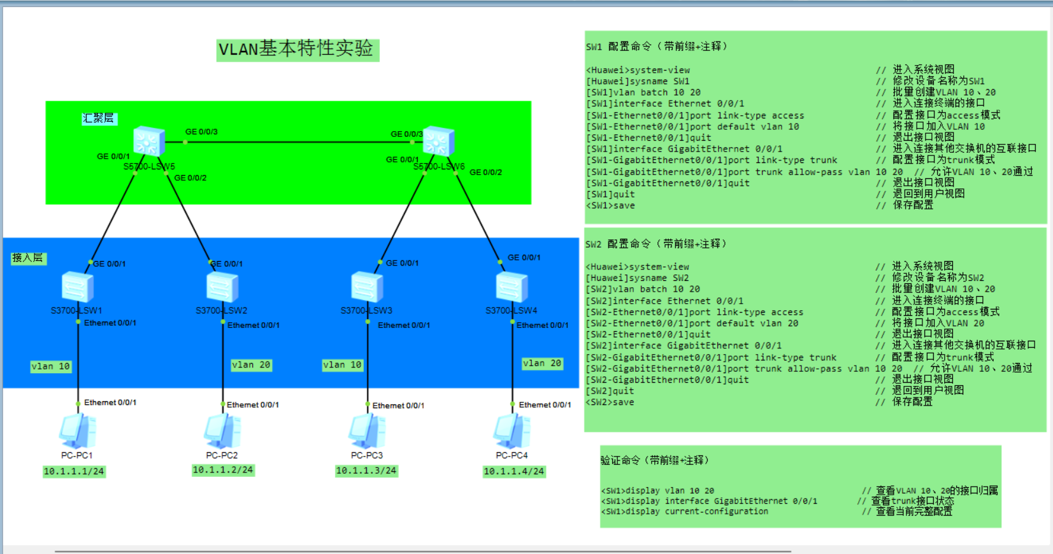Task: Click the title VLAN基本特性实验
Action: point(297,49)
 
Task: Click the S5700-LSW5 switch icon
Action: point(149,141)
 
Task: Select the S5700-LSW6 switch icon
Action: point(438,141)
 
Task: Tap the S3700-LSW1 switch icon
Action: point(77,287)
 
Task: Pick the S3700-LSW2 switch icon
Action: point(222,287)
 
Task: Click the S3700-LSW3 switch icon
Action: point(367,287)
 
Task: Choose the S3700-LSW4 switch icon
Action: point(512,287)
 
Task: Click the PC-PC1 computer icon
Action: point(78,431)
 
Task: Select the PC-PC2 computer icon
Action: point(222,431)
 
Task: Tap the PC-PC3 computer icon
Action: point(367,431)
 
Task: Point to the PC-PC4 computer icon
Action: point(512,431)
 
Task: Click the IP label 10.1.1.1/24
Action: point(74,471)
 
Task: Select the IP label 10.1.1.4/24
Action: point(514,471)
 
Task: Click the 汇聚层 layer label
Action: point(99,118)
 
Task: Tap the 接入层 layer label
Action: point(28,258)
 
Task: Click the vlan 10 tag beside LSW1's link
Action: point(51,366)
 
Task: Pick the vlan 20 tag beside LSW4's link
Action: point(542,364)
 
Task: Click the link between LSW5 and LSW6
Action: point(293,142)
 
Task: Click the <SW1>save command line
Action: point(611,206)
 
